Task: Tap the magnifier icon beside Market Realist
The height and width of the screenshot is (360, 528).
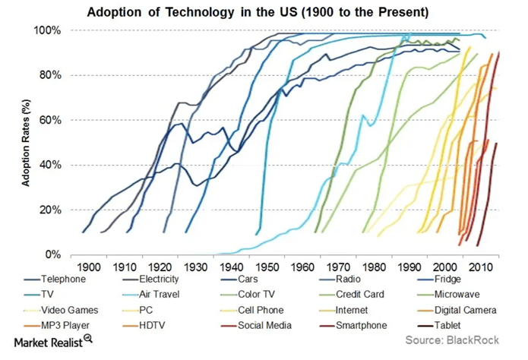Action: pos(88,338)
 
